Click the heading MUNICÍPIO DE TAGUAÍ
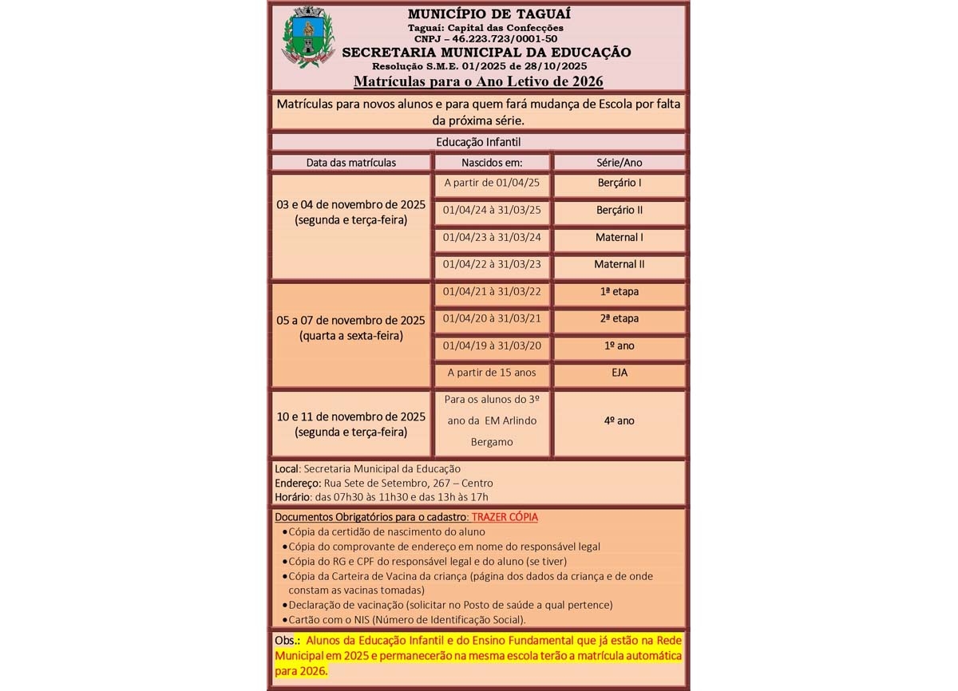coord(478,14)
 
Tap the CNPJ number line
coord(485,38)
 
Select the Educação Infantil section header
coord(478,142)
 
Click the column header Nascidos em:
coord(492,162)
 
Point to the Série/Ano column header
coord(619,162)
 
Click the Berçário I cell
coord(620,183)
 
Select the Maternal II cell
coord(620,264)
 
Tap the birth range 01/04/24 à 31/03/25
coord(492,210)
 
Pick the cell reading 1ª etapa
coord(620,291)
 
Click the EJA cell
coord(620,373)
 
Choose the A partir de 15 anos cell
coord(492,373)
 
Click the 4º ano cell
coord(620,421)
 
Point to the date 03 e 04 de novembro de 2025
coord(351,204)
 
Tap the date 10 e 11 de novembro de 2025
coord(351,417)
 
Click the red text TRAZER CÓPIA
coord(505,517)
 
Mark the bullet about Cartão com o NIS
coord(407,619)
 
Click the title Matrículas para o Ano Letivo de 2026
coord(478,81)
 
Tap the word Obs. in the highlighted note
coord(286,641)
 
